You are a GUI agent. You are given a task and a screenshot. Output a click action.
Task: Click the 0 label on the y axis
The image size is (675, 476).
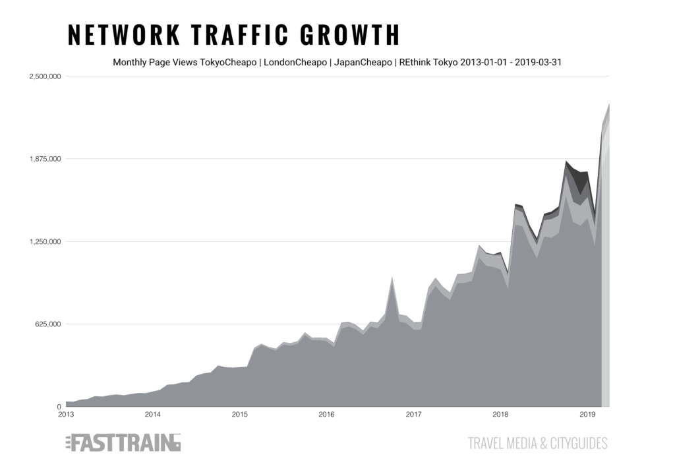[x=59, y=407]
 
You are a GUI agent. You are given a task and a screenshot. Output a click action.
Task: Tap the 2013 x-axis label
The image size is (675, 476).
[x=66, y=414]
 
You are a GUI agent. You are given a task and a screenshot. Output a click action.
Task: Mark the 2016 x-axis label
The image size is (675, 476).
[x=326, y=414]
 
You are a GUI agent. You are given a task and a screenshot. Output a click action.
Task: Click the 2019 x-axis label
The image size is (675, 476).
[x=587, y=414]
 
